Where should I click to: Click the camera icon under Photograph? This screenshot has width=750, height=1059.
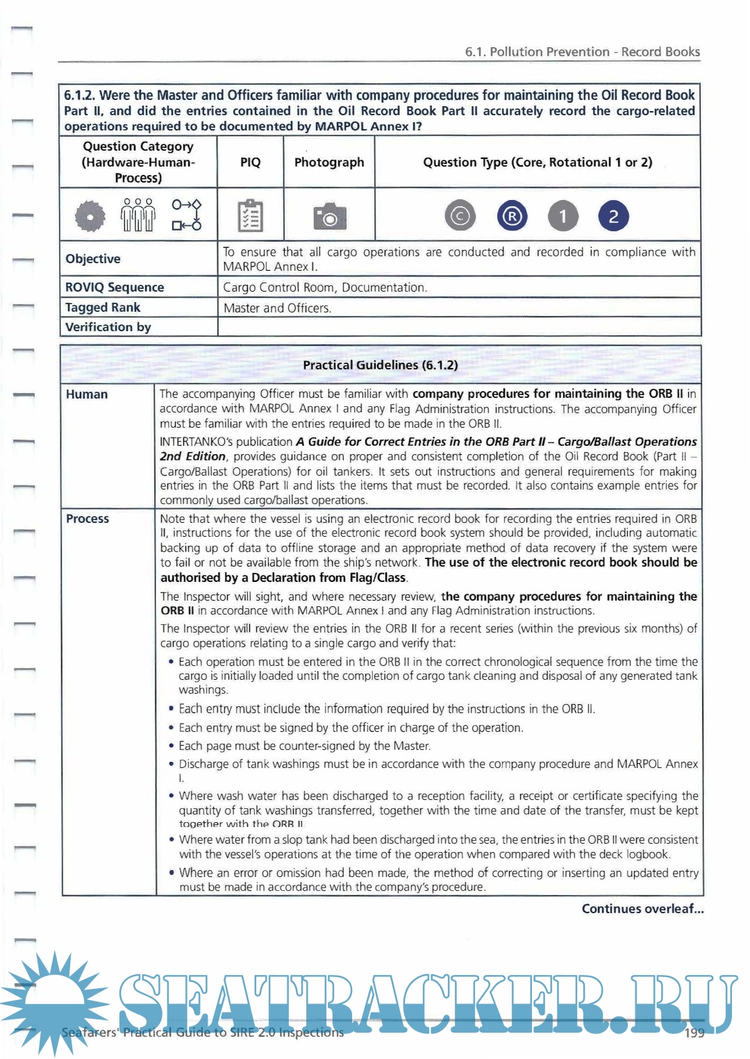click(x=329, y=217)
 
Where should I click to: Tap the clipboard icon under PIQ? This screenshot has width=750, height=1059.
click(x=250, y=216)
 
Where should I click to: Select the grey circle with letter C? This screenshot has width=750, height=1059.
click(x=460, y=216)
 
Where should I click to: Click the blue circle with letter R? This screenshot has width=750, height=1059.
click(x=512, y=216)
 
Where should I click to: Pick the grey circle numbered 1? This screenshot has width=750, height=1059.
click(x=562, y=216)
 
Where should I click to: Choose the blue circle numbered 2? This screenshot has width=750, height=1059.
click(x=613, y=216)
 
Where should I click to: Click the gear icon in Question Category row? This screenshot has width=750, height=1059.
click(x=90, y=217)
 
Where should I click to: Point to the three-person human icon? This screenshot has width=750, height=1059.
click(x=138, y=215)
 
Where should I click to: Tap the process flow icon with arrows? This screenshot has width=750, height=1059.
click(x=186, y=215)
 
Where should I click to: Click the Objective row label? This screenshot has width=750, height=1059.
click(x=93, y=259)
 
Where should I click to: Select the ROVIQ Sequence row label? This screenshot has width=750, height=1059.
click(x=115, y=287)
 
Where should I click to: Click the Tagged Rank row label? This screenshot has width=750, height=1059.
click(x=103, y=308)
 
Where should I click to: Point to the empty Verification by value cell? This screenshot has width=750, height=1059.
click(x=458, y=327)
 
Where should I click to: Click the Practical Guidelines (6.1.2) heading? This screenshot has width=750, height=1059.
click(x=380, y=365)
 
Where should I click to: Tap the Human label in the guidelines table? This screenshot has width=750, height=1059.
click(x=87, y=394)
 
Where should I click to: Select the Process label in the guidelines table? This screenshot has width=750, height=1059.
click(x=87, y=519)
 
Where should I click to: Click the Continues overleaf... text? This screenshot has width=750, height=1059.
click(x=642, y=909)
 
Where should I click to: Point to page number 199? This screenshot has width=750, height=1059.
click(x=694, y=1033)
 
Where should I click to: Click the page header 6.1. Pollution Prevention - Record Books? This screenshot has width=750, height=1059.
click(x=582, y=52)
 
